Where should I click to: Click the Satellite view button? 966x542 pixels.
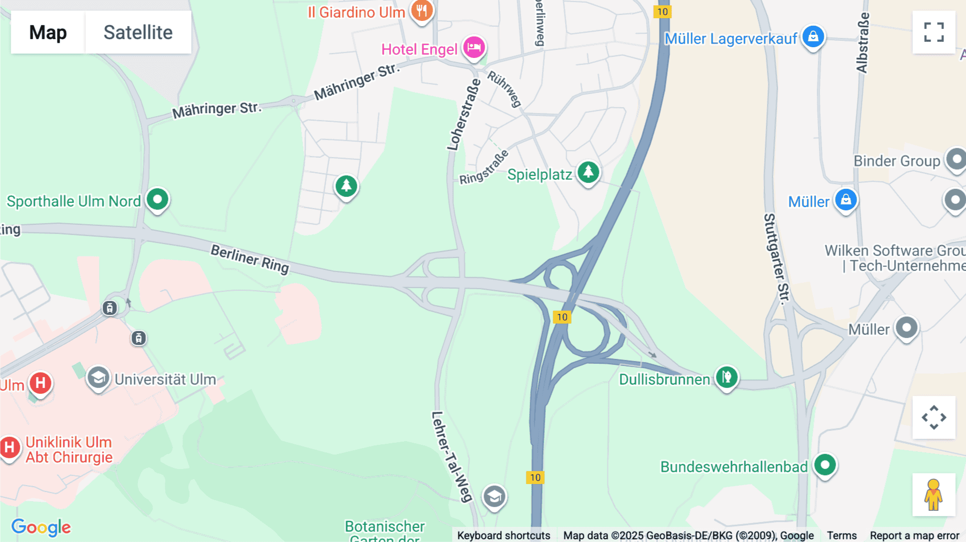pos(138,32)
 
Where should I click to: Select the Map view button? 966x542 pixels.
pos(48,32)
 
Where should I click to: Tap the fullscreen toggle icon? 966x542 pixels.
pos(934,32)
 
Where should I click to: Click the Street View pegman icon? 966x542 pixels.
pos(934,495)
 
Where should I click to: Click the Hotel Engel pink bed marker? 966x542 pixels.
pos(474,48)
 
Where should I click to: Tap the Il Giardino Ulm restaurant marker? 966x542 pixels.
pos(422,11)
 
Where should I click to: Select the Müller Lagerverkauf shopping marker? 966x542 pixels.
pos(813,37)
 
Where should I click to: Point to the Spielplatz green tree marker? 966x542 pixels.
pos(589,172)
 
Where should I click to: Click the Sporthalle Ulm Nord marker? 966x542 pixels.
pos(157,200)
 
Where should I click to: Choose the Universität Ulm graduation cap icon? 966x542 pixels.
pos(98,378)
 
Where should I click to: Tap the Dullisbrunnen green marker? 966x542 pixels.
pos(727,377)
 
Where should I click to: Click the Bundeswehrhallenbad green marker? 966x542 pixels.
pos(825,465)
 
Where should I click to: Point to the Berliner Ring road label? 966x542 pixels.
pos(250,258)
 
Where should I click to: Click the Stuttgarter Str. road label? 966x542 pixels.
pos(777,259)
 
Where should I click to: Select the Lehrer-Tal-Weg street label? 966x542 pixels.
pos(452,457)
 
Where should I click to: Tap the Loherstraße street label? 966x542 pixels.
pos(464,115)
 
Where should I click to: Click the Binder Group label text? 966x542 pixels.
pos(897,161)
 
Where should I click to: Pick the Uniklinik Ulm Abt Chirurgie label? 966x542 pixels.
pos(69,450)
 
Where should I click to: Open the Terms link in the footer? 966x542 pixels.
pos(841,535)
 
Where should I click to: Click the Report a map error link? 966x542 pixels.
pos(914,535)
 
